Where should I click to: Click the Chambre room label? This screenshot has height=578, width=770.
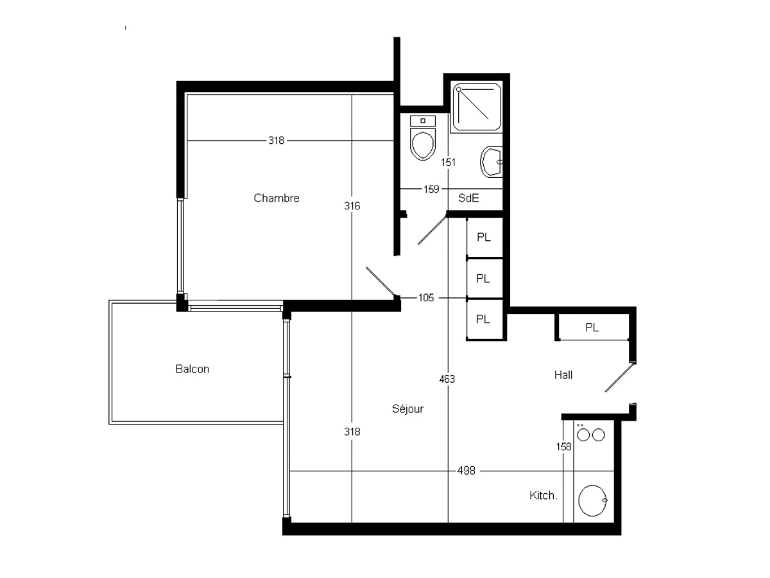[277, 198]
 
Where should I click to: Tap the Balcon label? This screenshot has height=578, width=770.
[192, 369]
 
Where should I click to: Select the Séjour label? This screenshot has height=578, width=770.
[407, 409]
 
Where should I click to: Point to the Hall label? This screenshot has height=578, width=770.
[563, 375]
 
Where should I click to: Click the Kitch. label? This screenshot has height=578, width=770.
[543, 496]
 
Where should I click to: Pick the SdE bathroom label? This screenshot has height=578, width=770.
[468, 198]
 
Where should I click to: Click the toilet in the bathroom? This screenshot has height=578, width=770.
[423, 139]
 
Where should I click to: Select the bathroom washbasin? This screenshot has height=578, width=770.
[493, 161]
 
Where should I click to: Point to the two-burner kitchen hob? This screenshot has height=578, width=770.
[590, 435]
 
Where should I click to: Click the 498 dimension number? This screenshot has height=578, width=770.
[467, 471]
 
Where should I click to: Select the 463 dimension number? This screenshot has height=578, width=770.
[447, 379]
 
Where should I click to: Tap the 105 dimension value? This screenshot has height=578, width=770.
[426, 298]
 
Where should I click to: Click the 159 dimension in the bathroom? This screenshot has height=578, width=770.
[431, 189]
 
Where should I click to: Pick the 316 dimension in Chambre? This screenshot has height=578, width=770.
[352, 206]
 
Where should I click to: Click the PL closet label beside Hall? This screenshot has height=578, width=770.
[592, 328]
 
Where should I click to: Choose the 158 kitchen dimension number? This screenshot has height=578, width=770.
[564, 446]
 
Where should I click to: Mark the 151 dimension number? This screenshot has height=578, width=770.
[449, 162]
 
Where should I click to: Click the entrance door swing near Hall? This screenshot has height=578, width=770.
[619, 378]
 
